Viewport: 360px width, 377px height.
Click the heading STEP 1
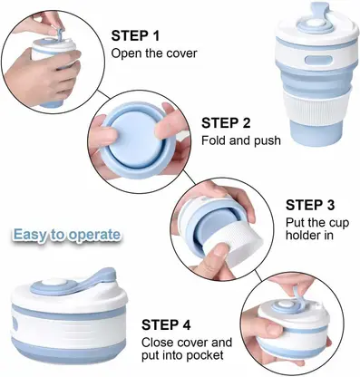point(135,35)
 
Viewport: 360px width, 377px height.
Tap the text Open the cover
point(154,53)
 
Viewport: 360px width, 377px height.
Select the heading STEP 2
point(226,123)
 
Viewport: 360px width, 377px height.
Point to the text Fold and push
point(241,140)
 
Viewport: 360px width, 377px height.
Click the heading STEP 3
point(310,205)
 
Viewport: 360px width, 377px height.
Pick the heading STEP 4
point(166,325)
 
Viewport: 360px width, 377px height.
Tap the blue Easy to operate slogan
point(67,235)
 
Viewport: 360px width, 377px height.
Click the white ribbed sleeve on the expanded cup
point(316,107)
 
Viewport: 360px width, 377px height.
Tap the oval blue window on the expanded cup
point(316,60)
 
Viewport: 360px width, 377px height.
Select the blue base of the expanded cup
point(316,134)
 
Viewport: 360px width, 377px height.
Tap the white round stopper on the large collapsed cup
point(54,283)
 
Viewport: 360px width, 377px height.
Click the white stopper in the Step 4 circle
point(285,305)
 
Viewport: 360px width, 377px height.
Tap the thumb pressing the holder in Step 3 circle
point(214,258)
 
